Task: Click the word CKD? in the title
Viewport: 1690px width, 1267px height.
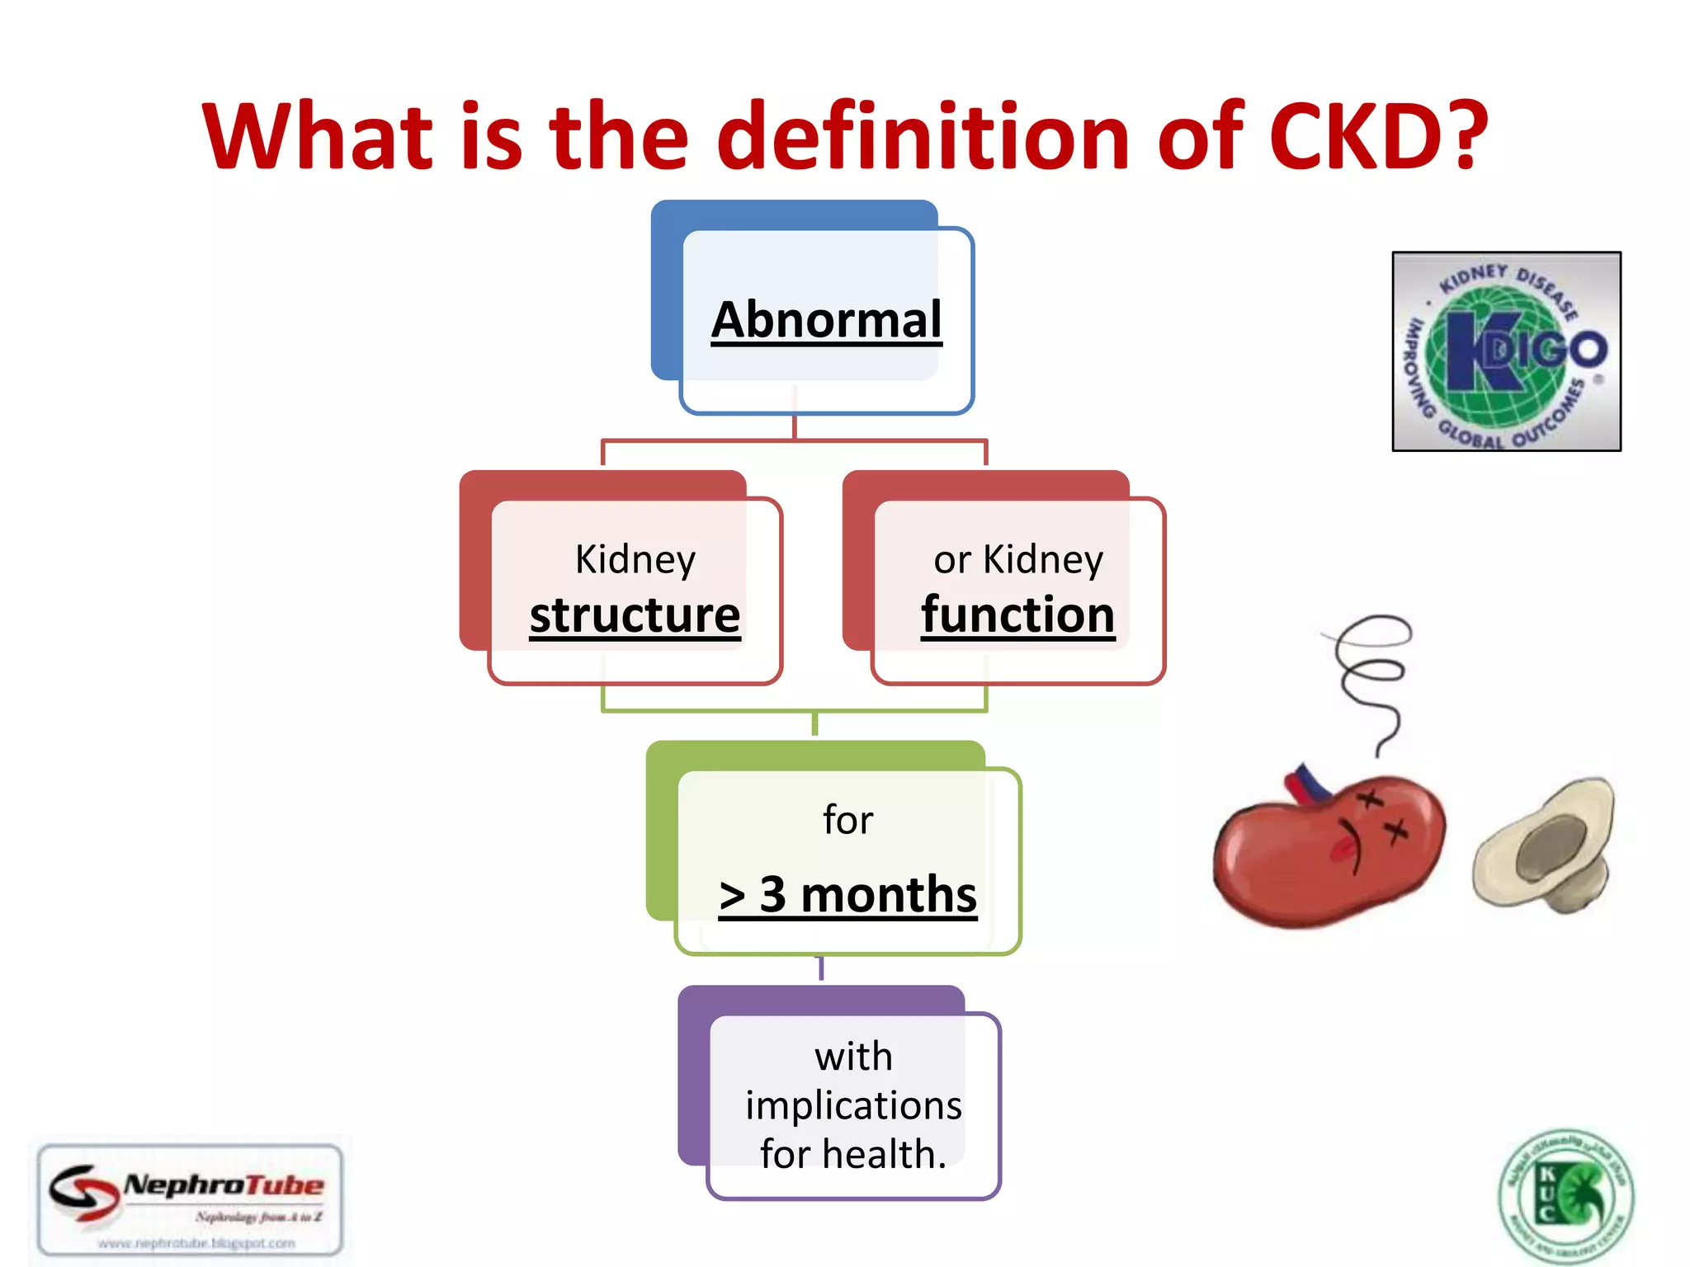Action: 1376,136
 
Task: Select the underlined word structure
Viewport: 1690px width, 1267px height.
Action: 635,615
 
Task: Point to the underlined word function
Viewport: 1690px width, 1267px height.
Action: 1017,615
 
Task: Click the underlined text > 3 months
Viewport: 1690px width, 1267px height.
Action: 847,895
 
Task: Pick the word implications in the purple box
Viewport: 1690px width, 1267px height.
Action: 853,1105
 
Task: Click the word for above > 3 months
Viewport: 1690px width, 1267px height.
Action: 847,820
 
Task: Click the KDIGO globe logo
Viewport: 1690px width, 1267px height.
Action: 1506,351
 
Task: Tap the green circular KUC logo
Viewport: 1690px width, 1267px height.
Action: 1565,1197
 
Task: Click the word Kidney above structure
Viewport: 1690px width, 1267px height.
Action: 635,559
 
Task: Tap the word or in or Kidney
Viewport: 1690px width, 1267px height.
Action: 951,561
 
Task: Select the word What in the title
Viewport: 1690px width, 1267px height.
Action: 318,136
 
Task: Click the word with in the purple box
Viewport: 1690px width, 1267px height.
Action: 853,1057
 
